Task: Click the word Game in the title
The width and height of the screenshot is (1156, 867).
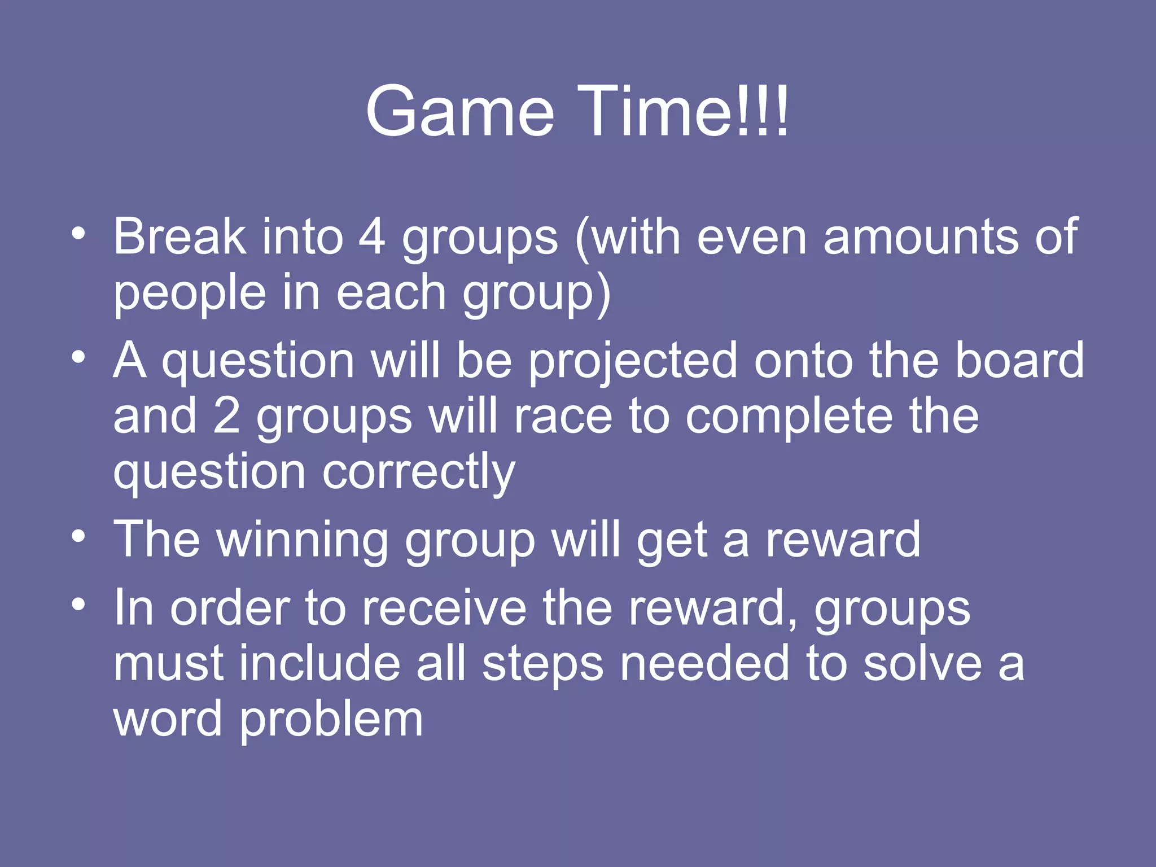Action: pos(459,111)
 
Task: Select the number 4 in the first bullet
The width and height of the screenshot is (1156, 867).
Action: pos(372,237)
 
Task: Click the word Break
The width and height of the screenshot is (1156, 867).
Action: pos(179,237)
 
